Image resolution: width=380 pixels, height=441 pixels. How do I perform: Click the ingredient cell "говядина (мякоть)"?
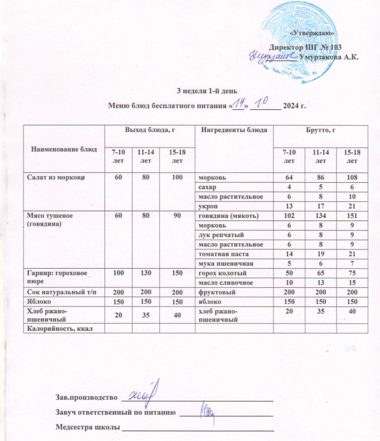[225, 215]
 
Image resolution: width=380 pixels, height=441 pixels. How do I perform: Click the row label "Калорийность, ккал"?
[56, 328]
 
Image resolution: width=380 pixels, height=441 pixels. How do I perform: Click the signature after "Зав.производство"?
[146, 391]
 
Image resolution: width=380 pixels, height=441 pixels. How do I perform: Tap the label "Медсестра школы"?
[87, 428]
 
